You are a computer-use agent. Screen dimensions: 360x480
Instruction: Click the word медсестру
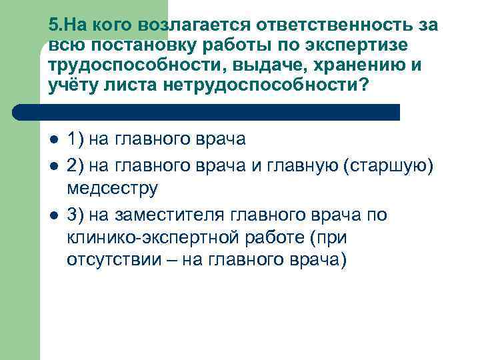tap(112, 189)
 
